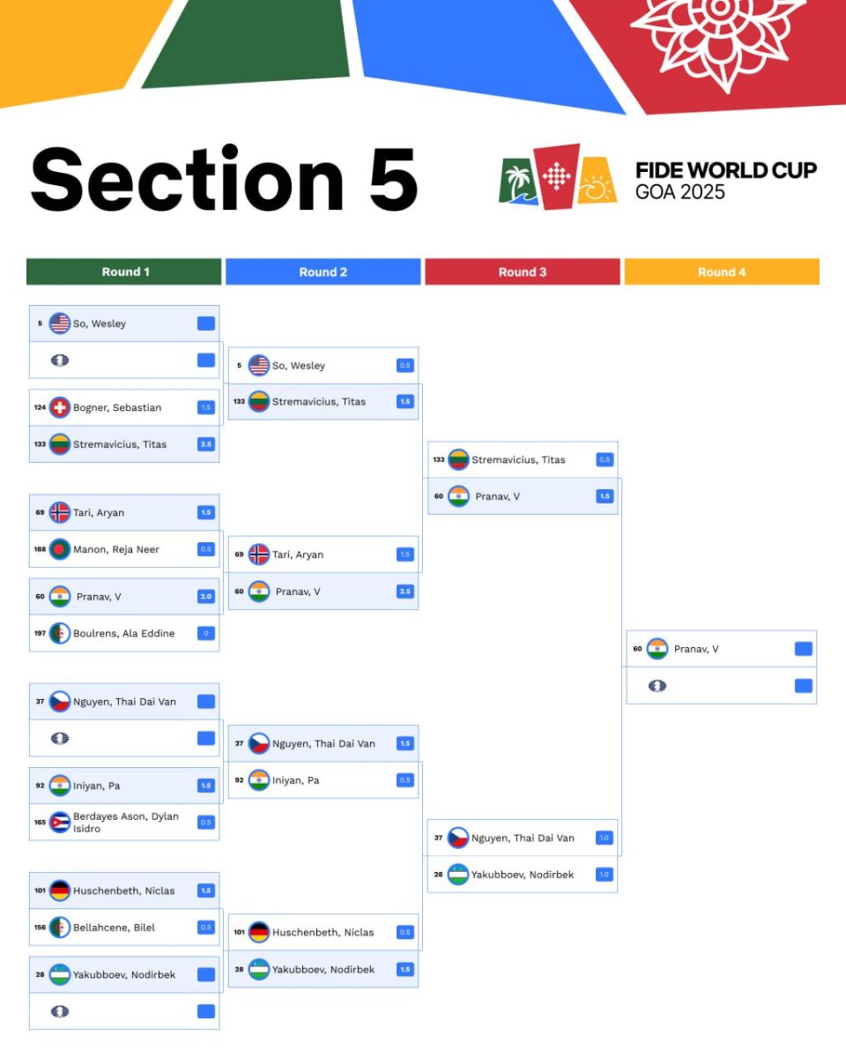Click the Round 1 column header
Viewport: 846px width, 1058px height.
124,272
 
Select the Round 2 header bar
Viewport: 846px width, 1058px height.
323,272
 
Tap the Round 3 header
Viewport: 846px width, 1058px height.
522,272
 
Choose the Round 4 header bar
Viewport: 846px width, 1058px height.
722,272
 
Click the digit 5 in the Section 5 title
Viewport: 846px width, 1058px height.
393,180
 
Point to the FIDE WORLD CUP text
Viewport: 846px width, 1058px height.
725,170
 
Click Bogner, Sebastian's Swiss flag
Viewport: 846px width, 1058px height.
60,407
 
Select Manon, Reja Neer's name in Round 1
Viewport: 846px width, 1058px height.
116,549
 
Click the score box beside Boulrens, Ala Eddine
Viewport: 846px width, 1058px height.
206,633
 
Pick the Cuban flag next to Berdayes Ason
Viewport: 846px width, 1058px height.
60,822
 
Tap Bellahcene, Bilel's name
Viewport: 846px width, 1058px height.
114,928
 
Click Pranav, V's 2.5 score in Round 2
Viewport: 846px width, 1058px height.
405,591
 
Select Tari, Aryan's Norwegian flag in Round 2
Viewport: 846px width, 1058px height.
259,554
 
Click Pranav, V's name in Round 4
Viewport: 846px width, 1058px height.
696,649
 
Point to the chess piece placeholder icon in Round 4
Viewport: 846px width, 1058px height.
657,686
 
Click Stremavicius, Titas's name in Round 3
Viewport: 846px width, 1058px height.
518,459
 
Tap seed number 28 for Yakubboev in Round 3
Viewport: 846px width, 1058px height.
439,875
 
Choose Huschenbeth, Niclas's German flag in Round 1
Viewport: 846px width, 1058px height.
60,890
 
